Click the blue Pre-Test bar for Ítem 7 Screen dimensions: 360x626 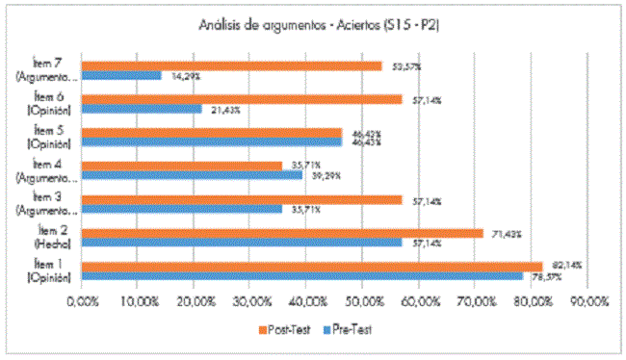(x=121, y=75)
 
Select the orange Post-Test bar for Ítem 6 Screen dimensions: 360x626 (x=242, y=98)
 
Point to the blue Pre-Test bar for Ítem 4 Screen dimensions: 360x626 (x=192, y=175)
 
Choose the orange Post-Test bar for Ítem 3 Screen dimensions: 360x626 (x=242, y=199)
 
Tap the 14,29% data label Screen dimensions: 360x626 (x=185, y=75)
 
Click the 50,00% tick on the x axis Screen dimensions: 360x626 (x=363, y=300)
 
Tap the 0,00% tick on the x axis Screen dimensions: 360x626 (x=82, y=300)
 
